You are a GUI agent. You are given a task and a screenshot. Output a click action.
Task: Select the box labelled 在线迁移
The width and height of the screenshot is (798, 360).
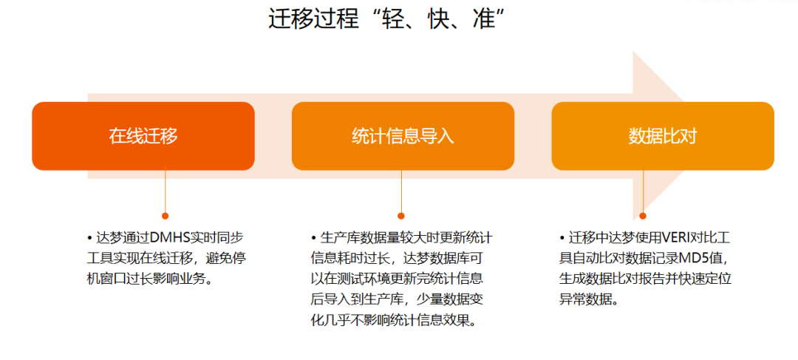tap(143, 136)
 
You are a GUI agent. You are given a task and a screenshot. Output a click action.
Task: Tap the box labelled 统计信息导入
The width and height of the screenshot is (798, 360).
tap(403, 136)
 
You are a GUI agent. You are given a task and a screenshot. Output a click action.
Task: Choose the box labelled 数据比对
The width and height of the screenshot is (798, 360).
tap(663, 136)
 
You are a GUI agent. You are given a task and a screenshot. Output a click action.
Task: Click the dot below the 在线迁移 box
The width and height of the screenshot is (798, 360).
tap(165, 216)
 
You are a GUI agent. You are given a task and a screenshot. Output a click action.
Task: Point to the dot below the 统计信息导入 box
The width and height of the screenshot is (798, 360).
tap(401, 216)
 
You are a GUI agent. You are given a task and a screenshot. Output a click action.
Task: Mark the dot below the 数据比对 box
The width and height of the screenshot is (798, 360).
tap(643, 216)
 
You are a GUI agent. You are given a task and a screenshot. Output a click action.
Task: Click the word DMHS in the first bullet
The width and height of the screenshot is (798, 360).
tap(169, 238)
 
